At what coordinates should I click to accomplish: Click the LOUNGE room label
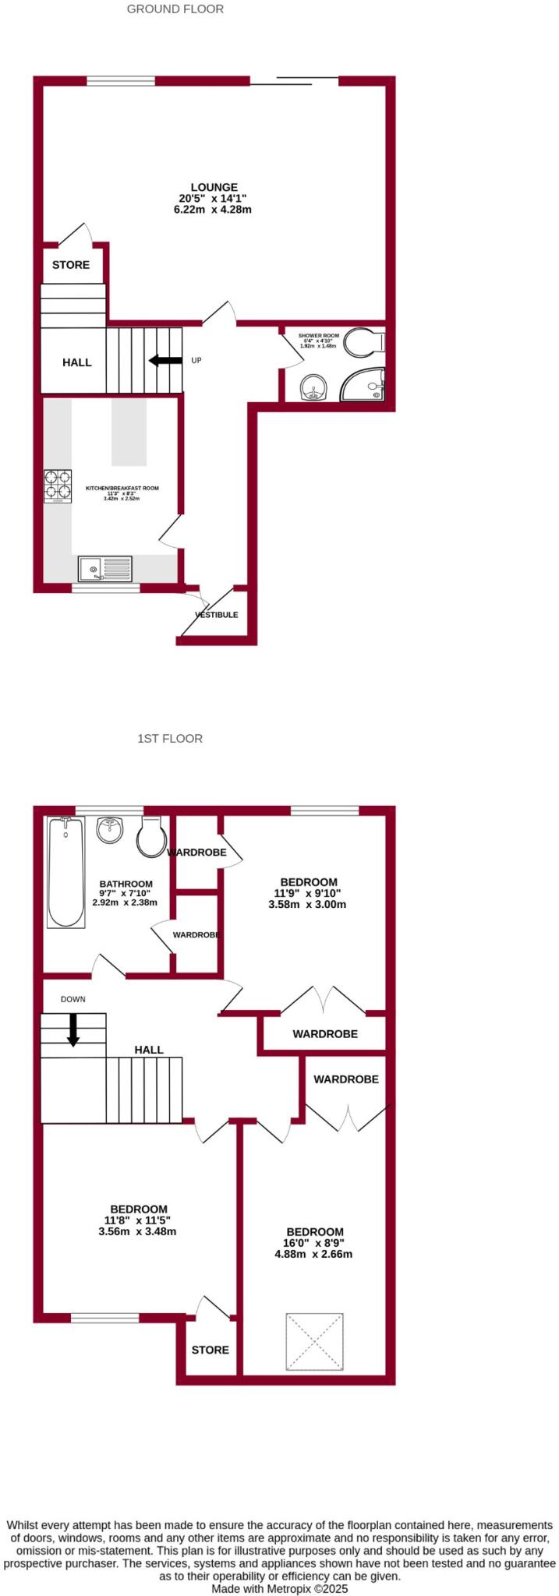(214, 187)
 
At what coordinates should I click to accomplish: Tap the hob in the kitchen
(58, 486)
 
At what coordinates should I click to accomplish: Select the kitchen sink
(104, 569)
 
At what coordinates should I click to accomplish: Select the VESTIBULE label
(217, 615)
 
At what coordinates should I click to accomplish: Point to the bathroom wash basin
(110, 830)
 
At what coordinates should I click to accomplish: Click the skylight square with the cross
(315, 1342)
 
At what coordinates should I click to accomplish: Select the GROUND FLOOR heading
(175, 9)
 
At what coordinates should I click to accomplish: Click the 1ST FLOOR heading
(169, 738)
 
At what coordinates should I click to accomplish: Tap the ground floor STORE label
(71, 265)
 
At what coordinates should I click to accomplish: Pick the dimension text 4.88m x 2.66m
(313, 1254)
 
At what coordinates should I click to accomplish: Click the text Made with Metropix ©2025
(279, 1588)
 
